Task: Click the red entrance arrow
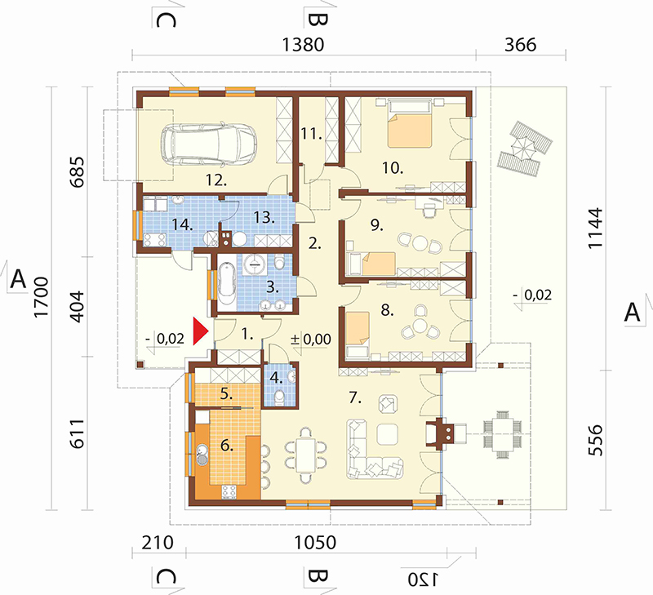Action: click(200, 331)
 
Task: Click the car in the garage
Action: click(209, 144)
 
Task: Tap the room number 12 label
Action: click(216, 180)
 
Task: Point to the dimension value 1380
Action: click(303, 45)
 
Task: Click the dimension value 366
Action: click(520, 45)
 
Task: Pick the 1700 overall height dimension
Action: click(42, 297)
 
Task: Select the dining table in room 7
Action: click(306, 455)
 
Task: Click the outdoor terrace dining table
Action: click(502, 434)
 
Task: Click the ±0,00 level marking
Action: click(311, 340)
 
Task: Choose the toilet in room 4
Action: click(280, 397)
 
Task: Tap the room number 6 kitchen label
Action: click(227, 446)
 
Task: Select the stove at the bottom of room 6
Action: click(229, 491)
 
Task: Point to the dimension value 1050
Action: click(315, 543)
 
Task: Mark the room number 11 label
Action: click(312, 134)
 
